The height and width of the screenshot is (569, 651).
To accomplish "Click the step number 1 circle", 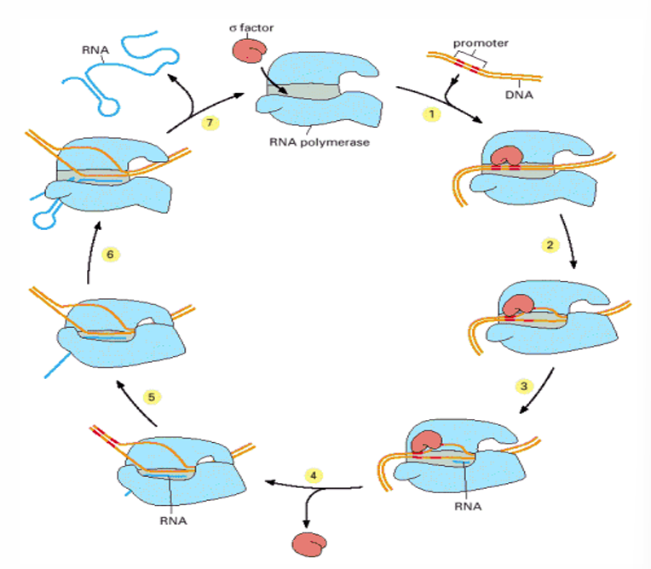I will coord(433,114).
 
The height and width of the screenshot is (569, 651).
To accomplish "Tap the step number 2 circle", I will coord(550,244).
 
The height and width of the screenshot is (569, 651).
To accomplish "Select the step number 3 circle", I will coord(526,386).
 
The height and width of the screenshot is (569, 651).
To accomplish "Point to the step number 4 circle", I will coord(316,475).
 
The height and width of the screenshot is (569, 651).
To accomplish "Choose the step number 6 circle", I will coord(107,254).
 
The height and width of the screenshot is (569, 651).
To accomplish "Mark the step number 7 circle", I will coord(211,122).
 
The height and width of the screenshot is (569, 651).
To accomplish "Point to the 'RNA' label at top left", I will coord(95,49).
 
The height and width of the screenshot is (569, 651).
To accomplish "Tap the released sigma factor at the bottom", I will coord(306,543).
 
